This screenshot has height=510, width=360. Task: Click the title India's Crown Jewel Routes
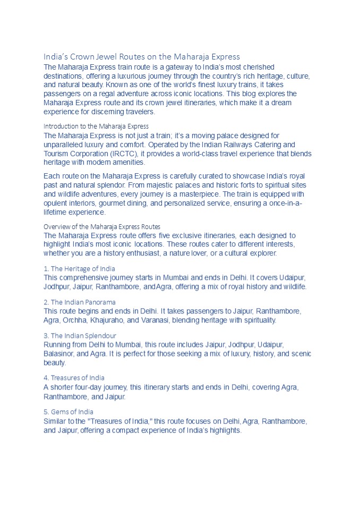pos(142,56)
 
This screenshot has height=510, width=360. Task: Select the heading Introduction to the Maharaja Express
pos(96,126)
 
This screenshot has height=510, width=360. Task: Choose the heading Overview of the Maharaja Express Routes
pos(102,226)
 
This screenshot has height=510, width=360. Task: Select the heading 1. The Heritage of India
pos(79,269)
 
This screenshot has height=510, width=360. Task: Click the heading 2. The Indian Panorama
pos(79,302)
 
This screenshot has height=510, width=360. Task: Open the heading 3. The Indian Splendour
pos(80,336)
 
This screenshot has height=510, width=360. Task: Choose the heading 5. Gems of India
pos(68,412)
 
